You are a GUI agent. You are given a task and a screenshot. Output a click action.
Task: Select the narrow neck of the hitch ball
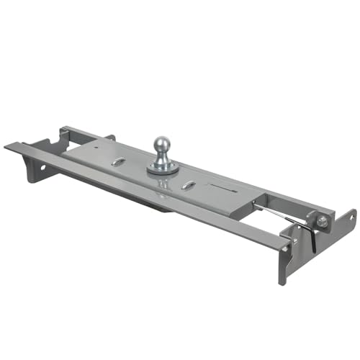163,158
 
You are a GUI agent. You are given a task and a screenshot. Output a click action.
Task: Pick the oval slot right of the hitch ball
188,186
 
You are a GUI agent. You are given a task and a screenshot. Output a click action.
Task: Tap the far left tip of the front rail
7,146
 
